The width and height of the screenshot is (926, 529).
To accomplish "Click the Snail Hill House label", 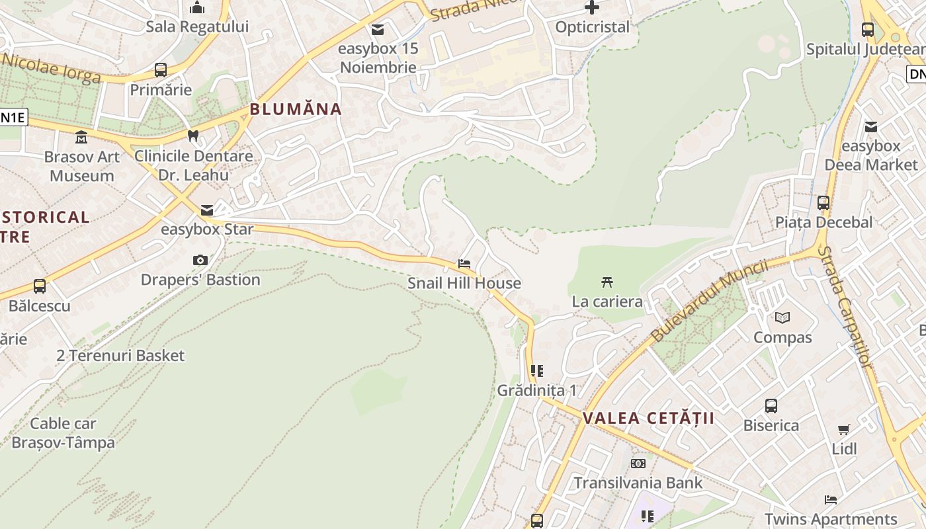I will [464, 283].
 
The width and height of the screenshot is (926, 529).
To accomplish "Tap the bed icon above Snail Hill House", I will [464, 263].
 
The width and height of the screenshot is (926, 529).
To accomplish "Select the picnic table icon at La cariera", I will [607, 282].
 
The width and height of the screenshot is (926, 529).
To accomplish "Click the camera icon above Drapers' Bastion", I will [200, 261].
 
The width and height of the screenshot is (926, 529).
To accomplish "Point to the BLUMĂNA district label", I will [296, 109].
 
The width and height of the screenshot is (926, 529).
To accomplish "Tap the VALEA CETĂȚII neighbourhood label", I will [649, 418].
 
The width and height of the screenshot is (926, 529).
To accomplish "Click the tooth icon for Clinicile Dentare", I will [193, 136].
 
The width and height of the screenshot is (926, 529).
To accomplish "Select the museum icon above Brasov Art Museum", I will [81, 138].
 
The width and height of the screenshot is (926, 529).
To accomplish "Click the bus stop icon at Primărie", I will [161, 70].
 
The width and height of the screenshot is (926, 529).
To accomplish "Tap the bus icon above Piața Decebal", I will [823, 202].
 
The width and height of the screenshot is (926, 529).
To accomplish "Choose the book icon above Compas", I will [782, 318].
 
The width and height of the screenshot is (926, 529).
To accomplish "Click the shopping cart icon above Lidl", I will [844, 430].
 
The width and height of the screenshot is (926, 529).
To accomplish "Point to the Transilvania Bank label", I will [638, 483].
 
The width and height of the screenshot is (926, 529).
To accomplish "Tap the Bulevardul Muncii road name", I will [709, 301].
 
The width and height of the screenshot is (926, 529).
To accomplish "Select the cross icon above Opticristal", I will [592, 8].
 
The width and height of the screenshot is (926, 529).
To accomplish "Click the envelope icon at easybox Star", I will [207, 210].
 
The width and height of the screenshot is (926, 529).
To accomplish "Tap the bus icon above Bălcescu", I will [40, 286].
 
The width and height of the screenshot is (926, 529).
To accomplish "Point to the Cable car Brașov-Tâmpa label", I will [63, 433].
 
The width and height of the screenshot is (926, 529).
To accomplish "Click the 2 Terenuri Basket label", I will [120, 355].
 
